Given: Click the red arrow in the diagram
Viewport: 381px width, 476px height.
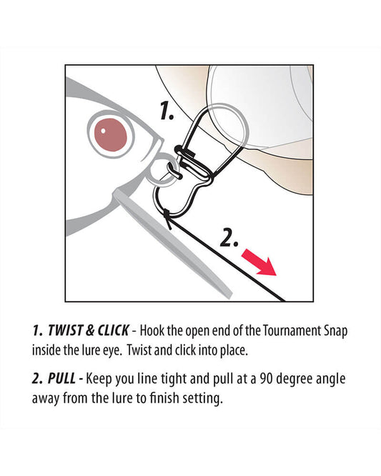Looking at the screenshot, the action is (259, 262).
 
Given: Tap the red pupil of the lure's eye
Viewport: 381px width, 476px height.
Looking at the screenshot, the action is (111, 135).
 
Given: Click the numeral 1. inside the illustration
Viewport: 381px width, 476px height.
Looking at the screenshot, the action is (167, 111).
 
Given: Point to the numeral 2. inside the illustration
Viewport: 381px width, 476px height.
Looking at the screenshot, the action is (229, 237).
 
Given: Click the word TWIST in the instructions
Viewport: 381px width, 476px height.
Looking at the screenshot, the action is (65, 330).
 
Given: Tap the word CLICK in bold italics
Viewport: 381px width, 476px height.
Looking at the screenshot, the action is (112, 330).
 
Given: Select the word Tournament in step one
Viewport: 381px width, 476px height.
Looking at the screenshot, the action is (291, 330).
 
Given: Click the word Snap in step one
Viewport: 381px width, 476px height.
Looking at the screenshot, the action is (335, 331).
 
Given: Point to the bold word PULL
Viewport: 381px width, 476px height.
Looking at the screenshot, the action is (61, 379).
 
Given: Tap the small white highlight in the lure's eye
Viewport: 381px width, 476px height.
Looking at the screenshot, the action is (103, 131).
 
